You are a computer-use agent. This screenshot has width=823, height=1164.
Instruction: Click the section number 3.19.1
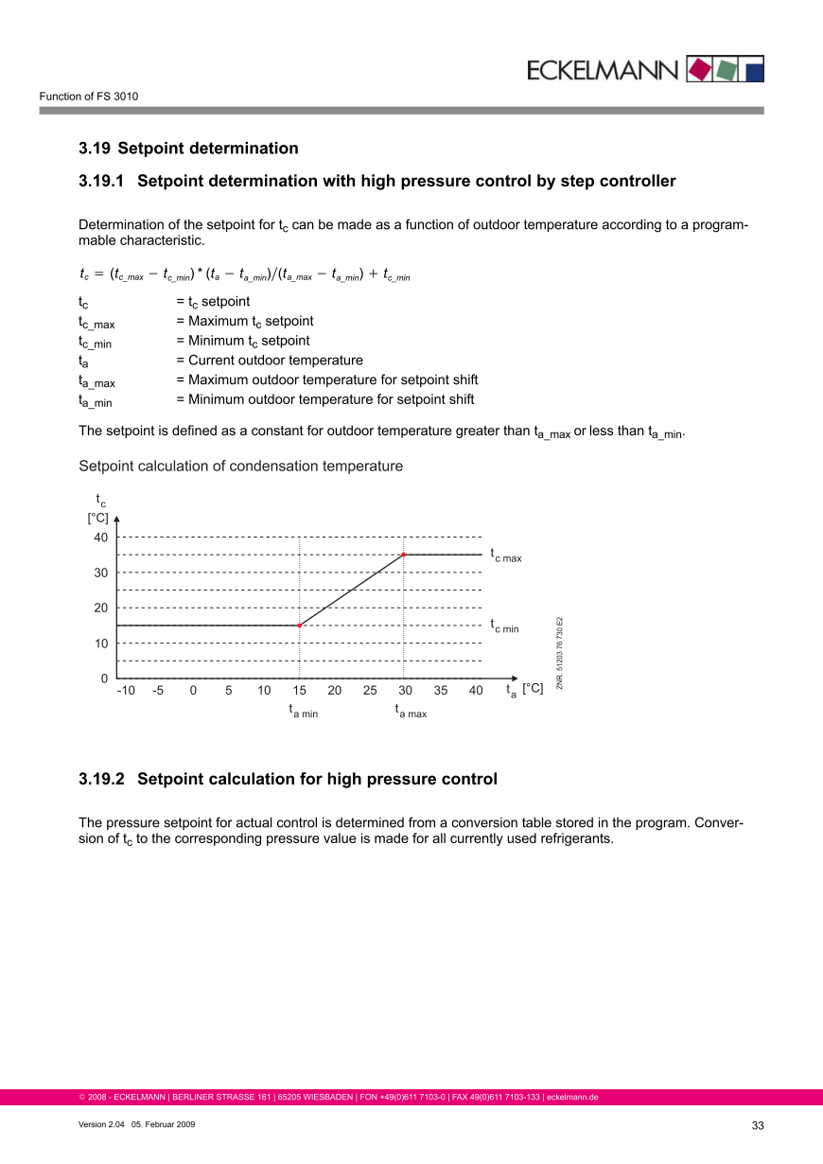(102, 181)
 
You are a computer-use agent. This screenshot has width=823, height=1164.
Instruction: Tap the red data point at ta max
(404, 555)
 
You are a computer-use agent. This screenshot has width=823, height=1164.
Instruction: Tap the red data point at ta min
(299, 626)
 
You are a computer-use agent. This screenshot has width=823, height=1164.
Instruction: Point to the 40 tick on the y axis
(100, 538)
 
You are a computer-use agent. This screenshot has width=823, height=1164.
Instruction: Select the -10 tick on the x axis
(126, 691)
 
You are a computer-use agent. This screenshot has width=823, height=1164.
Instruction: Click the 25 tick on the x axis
(370, 691)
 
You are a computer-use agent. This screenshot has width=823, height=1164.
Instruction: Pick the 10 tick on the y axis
(100, 644)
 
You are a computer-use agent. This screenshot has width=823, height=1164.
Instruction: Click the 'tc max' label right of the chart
(505, 556)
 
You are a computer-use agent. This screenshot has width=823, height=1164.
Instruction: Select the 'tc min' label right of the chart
(504, 626)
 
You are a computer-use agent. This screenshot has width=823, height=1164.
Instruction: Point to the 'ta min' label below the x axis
(304, 712)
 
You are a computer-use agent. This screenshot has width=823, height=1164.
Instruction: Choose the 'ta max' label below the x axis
(411, 712)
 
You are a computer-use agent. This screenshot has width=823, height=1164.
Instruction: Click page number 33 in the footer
(757, 1125)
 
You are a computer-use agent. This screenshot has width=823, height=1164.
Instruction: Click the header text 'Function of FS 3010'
(89, 97)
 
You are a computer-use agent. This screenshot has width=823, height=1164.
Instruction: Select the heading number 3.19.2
(102, 780)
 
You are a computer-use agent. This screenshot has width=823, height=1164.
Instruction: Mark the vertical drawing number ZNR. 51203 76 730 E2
(560, 653)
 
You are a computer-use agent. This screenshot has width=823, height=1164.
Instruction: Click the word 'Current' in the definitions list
(211, 361)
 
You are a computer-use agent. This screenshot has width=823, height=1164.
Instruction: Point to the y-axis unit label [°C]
(98, 518)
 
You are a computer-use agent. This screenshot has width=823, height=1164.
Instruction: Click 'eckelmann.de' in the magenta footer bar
(572, 1098)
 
